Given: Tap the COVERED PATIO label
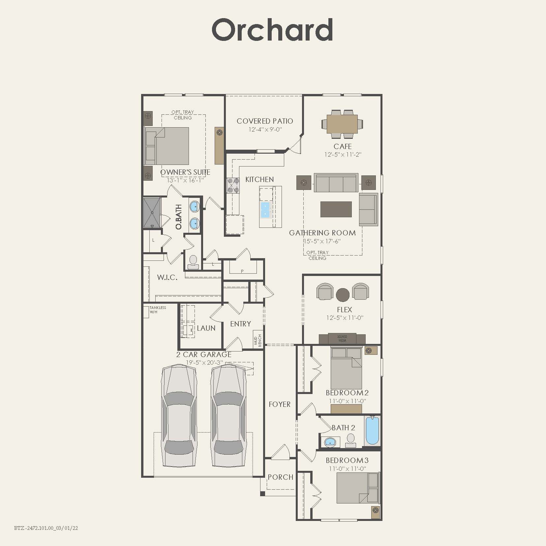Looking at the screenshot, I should (x=265, y=121).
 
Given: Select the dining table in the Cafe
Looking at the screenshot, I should (x=342, y=124).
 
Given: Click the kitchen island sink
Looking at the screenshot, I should (x=265, y=210).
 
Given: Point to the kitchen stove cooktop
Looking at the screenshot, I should (x=233, y=185).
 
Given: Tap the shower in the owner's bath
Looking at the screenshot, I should (x=152, y=212).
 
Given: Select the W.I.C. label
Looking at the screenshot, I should (x=167, y=277).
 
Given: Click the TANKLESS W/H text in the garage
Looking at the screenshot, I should (x=158, y=310).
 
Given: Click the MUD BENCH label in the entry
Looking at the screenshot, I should (x=258, y=340).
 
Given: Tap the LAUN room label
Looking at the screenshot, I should (x=206, y=328).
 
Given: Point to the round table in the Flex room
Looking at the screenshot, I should (x=343, y=295).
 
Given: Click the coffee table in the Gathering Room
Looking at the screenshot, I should (x=336, y=209).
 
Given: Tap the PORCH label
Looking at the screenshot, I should (x=280, y=477).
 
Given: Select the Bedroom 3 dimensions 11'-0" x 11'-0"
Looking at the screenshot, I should (x=347, y=469).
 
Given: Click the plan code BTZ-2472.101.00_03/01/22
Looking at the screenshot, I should (x=46, y=528).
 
